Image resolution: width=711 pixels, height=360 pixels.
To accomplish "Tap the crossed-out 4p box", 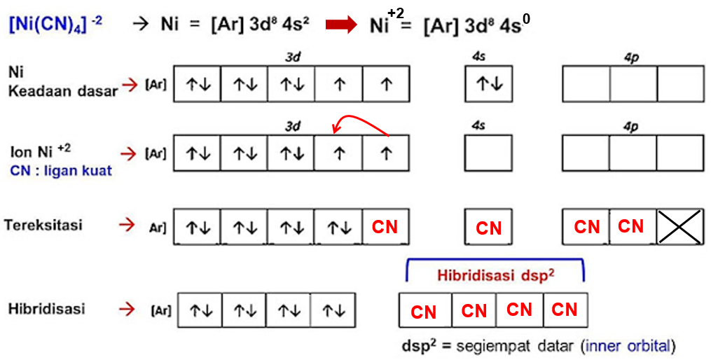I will coord(679,226).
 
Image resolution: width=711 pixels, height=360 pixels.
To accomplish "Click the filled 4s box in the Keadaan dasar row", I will coord(488,84).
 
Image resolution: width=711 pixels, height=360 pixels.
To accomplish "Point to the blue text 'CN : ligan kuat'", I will coord(61,171).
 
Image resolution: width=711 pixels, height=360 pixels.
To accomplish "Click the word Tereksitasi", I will coord(43,226).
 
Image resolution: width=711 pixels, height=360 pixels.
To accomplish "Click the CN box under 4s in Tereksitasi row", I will coord(488,228).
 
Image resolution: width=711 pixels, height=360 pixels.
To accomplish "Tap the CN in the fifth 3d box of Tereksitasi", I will coord(385,226).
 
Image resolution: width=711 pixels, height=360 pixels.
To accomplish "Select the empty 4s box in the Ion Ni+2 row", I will coord(488,153).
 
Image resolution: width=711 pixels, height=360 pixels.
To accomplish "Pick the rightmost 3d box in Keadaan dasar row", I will coord(386,84).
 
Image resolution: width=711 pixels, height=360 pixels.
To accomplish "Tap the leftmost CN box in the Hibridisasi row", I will coord(424,311).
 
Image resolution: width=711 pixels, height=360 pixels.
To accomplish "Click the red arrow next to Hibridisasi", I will coord(127,308).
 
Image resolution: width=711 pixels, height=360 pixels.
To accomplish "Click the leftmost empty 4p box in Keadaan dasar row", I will coord(586,84).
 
